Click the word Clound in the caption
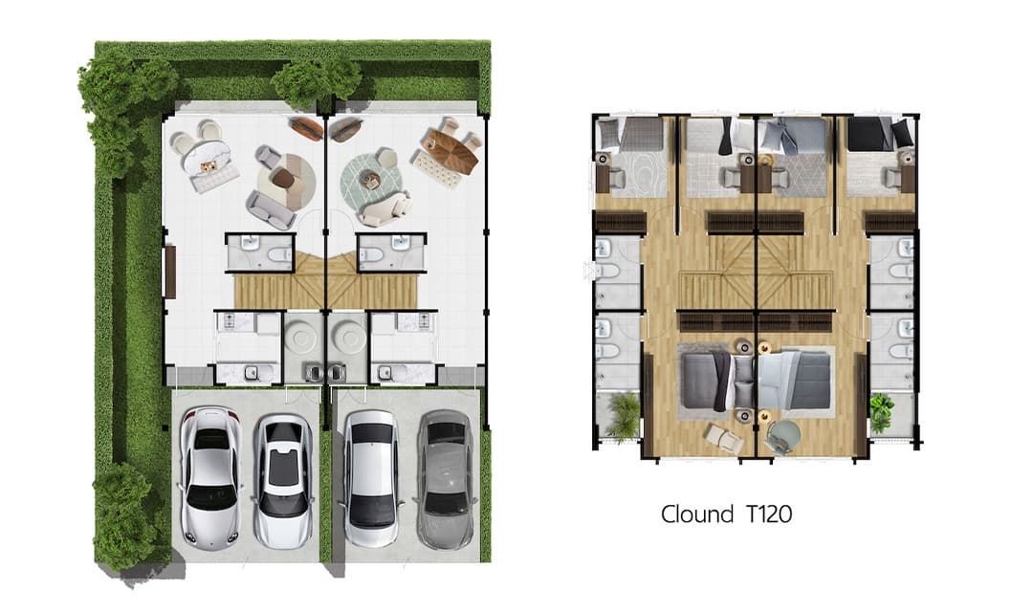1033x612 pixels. point(697,514)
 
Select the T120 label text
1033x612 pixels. point(769,514)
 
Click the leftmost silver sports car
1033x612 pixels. point(210,477)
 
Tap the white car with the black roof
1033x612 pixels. point(284,481)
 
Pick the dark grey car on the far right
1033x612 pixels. point(445,480)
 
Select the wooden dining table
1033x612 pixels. point(451,151)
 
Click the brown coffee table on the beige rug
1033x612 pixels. point(283,178)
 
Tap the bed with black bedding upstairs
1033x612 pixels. point(870,135)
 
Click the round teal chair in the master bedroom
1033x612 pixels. point(784,435)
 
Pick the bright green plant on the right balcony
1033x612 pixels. point(882,412)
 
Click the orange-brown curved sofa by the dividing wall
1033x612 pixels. point(306,128)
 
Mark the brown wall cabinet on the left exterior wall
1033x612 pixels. point(170,272)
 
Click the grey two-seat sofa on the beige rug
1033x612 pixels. point(270,208)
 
